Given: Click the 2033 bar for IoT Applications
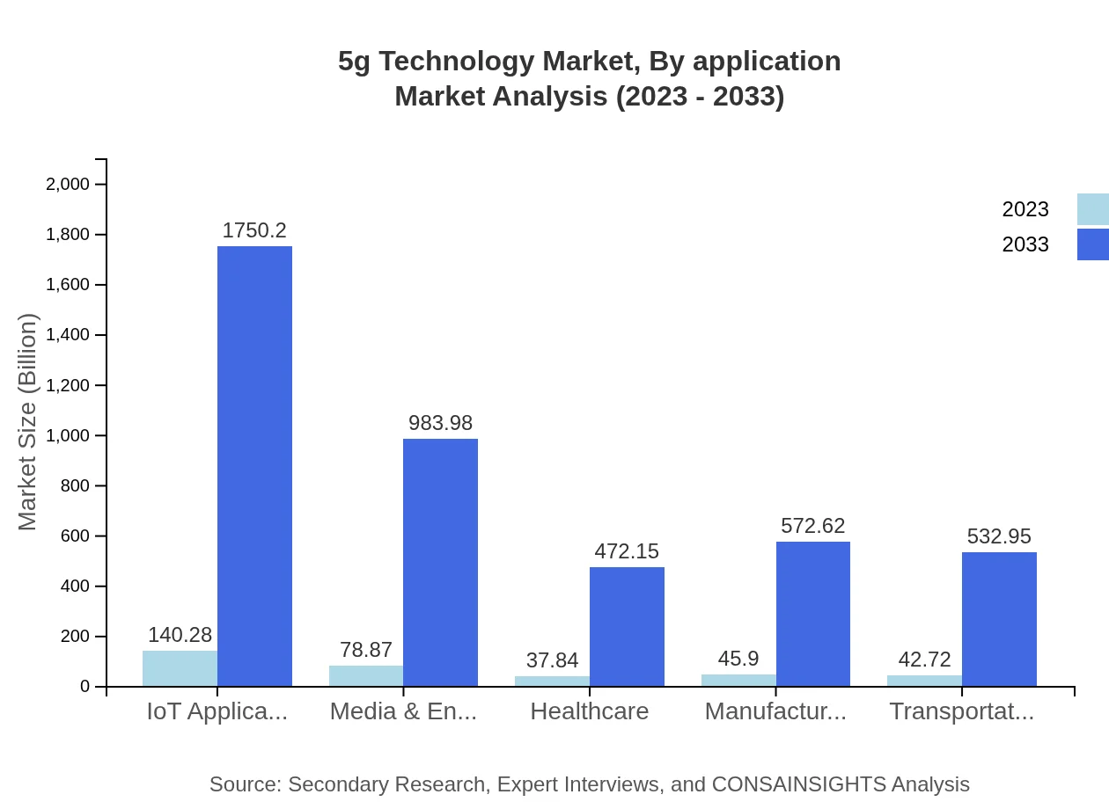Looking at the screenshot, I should [254, 466].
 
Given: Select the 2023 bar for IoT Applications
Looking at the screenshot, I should [180, 668].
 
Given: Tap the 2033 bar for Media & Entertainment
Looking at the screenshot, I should [440, 563].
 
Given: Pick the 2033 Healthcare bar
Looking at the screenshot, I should [627, 627].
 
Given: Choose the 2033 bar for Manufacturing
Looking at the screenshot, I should [812, 614].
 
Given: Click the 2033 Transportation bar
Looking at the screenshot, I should [999, 619].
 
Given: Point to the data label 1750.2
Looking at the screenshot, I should [254, 230].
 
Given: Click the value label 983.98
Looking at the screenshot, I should [440, 423].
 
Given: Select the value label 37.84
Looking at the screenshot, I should [552, 660].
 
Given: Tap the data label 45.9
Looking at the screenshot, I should [738, 659].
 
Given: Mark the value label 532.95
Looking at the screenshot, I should [999, 536].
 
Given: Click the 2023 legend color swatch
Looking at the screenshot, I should [1092, 209].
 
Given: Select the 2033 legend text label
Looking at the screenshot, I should [1025, 244].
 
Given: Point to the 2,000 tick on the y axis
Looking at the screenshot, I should [68, 185].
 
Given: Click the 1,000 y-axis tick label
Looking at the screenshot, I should [68, 436].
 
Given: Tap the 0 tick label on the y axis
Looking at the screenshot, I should [85, 687].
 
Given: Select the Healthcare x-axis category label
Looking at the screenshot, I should [589, 711].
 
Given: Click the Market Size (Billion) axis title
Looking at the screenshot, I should [28, 422].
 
